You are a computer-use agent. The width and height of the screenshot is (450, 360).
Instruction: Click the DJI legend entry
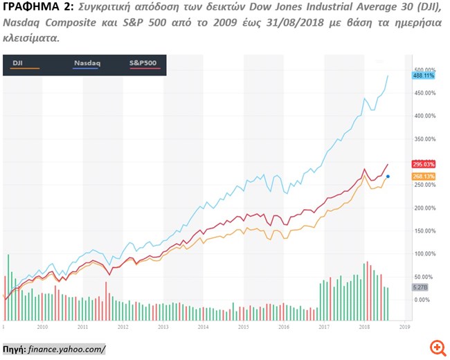pos(19,63)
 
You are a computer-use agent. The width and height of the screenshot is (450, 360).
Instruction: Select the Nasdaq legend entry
pos(87,63)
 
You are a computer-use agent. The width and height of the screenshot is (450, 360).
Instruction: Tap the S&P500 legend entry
pos(143,63)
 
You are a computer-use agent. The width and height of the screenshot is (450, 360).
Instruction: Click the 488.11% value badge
pos(423,75)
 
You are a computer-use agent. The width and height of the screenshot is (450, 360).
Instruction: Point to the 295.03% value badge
pos(423,164)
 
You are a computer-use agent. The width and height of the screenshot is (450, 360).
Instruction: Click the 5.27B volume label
pos(421,288)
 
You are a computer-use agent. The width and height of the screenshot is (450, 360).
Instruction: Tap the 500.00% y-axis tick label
pos(424,70)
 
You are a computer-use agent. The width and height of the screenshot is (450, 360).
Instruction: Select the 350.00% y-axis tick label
pos(424,138)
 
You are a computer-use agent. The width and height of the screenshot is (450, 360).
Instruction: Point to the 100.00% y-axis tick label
pos(424,253)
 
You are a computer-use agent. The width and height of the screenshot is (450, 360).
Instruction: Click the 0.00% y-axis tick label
pos(422,299)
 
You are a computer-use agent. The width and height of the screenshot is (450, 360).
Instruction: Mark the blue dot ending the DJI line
pos(388,177)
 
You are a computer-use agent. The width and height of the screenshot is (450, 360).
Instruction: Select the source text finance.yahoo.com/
pos(68,348)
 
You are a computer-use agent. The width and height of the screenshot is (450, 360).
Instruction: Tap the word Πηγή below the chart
pos(14,348)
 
